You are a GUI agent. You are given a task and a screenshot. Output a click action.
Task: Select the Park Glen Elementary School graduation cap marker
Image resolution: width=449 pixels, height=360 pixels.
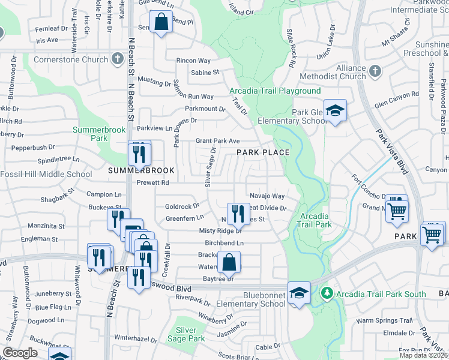coord(336,110)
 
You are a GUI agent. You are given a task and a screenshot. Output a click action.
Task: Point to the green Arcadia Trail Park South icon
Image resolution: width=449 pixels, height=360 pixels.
coord(327,294)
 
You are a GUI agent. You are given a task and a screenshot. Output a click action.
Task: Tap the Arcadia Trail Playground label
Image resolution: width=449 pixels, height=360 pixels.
coord(275,91)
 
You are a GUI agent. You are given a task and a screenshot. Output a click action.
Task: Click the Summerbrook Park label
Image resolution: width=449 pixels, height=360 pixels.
coord(90,134)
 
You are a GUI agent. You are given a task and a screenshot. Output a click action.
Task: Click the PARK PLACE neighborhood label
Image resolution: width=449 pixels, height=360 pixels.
coord(262,152)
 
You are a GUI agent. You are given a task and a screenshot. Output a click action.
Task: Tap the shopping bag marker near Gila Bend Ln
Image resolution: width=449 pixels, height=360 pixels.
coord(161,23)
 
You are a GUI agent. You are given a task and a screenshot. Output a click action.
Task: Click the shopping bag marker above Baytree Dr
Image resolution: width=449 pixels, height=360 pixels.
coord(229,261)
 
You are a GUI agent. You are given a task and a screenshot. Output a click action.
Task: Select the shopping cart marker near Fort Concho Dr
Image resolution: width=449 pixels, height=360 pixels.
coord(396,211)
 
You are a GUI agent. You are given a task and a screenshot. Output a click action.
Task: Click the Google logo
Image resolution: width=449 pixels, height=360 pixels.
coord(20,353)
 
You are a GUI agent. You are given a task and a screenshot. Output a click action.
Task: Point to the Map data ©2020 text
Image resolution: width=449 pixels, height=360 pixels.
coord(423,355)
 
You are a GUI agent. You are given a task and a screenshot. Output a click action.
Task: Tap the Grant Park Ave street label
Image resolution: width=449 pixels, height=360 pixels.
coord(218,141)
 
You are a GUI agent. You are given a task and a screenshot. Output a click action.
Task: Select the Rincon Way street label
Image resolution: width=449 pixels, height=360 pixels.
coord(193,61)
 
